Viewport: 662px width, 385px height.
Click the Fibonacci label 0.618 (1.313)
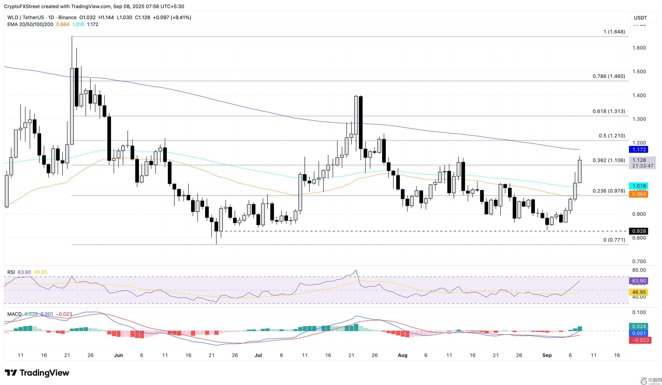tap(609, 111)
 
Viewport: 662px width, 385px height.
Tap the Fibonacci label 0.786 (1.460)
tap(609, 76)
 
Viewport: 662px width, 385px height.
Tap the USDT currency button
tap(640, 18)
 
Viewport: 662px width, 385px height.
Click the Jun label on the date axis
tap(119, 355)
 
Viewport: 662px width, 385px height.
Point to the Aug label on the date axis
tap(402, 355)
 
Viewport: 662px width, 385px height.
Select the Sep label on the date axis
tap(547, 355)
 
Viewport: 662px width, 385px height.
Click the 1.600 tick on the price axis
tap(639, 48)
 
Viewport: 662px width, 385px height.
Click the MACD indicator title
tap(14, 314)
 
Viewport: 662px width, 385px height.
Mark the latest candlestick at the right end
tap(580, 171)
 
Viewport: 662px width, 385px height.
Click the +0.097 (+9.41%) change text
tap(172, 17)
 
